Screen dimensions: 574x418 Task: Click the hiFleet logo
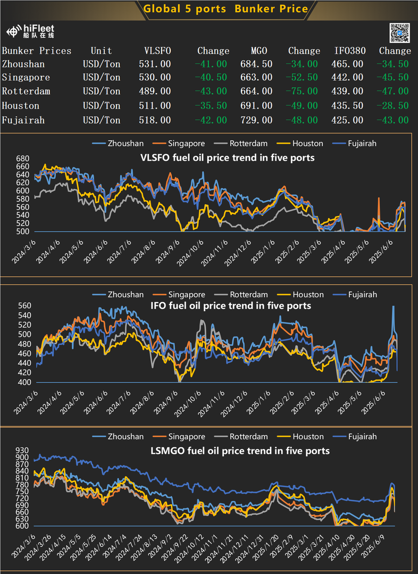pyautogui.click(x=31, y=31)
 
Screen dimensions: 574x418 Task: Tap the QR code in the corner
pyautogui.click(x=399, y=33)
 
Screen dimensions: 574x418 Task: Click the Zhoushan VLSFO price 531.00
pyautogui.click(x=157, y=64)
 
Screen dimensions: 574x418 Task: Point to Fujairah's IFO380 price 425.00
pyautogui.click(x=349, y=120)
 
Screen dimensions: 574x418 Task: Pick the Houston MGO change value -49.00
pyautogui.click(x=304, y=106)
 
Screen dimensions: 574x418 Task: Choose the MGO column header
pyautogui.click(x=259, y=51)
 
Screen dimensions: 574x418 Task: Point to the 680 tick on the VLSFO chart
pyautogui.click(x=22, y=159)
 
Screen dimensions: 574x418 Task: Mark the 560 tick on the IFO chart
pyautogui.click(x=25, y=306)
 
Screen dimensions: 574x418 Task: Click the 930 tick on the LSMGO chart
pyautogui.click(x=22, y=450)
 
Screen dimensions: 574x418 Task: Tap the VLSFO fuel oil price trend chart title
pyautogui.click(x=227, y=157)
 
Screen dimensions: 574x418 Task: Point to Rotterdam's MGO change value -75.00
pyautogui.click(x=304, y=91)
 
